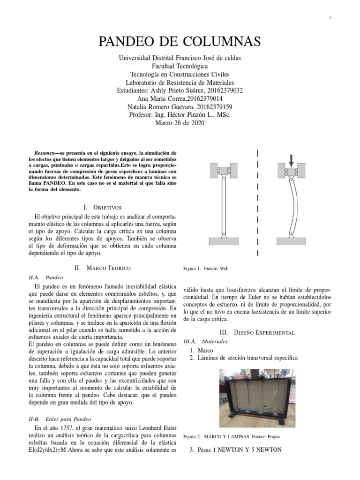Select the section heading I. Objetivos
click(x=102, y=207)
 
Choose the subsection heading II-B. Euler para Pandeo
click(x=59, y=419)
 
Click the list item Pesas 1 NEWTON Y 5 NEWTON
click(x=235, y=450)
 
